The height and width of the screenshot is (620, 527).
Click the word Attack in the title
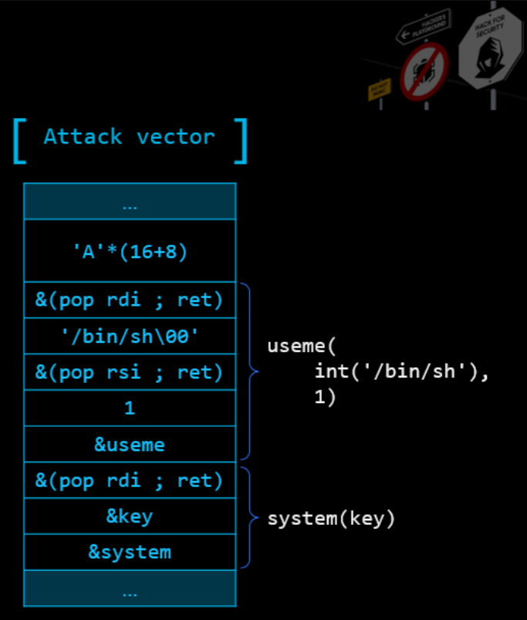point(83,137)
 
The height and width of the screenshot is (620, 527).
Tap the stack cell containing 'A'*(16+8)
point(130,251)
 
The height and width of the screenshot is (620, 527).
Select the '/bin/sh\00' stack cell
point(130,336)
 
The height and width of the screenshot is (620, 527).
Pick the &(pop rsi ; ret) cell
point(130,372)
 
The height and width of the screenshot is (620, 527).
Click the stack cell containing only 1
point(130,408)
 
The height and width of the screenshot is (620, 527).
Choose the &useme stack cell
point(130,445)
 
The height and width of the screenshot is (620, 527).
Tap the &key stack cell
point(130,517)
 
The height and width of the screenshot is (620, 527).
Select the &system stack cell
point(130,552)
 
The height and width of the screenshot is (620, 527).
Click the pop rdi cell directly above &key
point(130,480)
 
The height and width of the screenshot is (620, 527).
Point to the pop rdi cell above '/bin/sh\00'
point(130,300)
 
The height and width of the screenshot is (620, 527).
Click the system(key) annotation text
point(331,519)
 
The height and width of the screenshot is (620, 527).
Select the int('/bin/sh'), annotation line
point(401,372)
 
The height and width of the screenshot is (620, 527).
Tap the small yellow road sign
point(380,90)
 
